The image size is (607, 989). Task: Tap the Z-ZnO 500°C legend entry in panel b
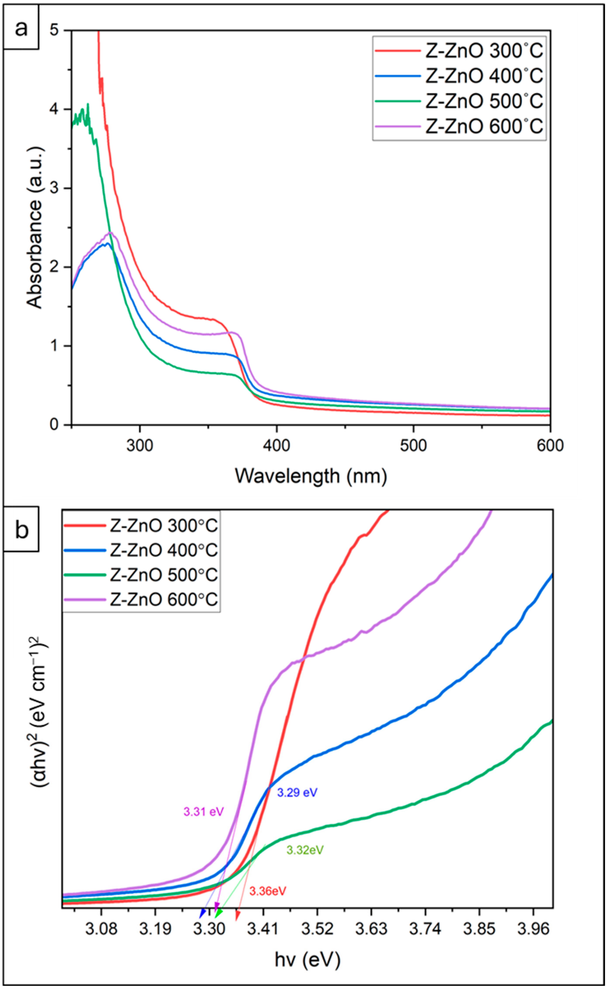[140, 575]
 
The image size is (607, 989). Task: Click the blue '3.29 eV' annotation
[297, 792]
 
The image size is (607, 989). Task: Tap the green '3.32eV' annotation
[305, 850]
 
